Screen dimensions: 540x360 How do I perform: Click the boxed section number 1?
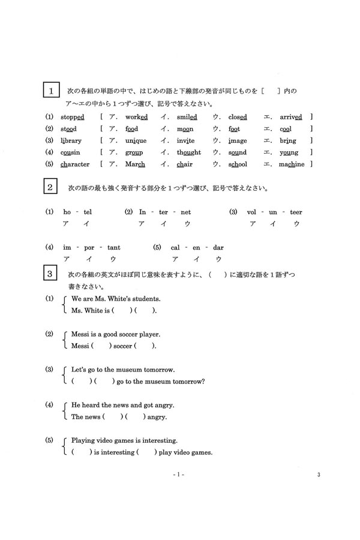(x=52, y=91)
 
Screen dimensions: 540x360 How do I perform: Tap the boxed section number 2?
(x=52, y=187)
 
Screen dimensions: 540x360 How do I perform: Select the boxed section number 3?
(x=52, y=274)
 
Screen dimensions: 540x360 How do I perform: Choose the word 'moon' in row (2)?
(x=186, y=128)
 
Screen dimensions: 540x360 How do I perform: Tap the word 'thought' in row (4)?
(x=189, y=152)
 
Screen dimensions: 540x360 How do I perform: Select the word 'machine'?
(x=292, y=164)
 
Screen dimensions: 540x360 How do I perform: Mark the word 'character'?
(x=76, y=164)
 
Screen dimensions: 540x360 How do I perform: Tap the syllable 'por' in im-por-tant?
(x=87, y=247)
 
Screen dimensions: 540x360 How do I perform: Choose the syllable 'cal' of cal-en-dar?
(x=176, y=247)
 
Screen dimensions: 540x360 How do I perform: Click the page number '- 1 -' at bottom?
(x=179, y=475)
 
